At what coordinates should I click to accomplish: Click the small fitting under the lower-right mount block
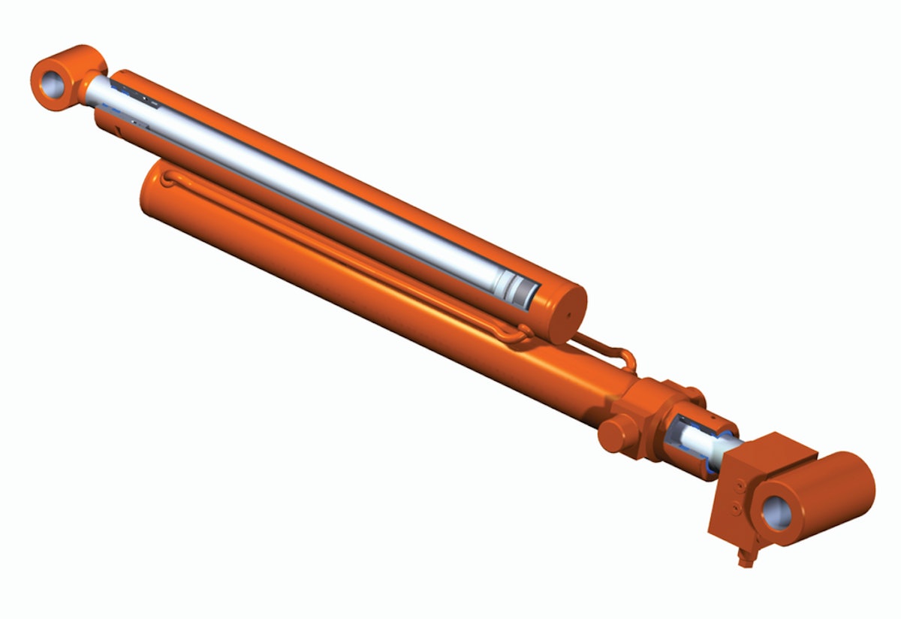[744, 557]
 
